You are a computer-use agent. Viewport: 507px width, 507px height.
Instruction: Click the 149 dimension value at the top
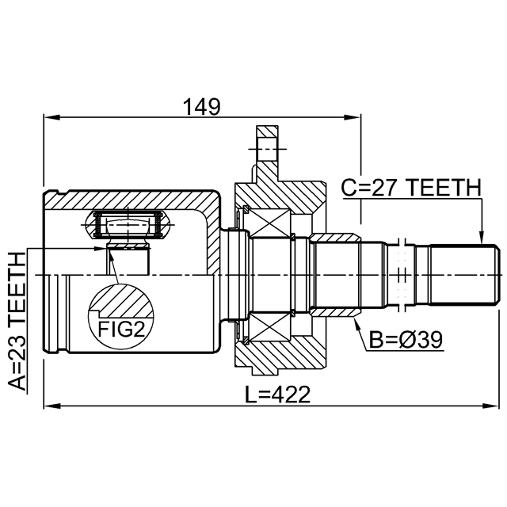[201, 105]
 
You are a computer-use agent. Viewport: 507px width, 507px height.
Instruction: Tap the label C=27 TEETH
[411, 189]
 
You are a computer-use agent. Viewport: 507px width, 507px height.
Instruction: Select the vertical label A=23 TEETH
[17, 321]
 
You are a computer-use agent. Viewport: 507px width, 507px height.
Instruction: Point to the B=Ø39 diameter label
[405, 340]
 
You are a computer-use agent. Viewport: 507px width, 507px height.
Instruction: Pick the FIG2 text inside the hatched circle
[121, 326]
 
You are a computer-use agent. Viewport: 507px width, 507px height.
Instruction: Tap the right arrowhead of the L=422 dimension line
[494, 407]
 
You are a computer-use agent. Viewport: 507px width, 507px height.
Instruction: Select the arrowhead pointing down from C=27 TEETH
[481, 234]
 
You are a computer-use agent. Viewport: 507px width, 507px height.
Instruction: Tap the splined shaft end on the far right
[464, 274]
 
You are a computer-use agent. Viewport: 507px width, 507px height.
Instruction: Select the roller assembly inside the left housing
[129, 225]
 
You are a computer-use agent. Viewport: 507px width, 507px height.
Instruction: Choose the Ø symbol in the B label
[410, 340]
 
